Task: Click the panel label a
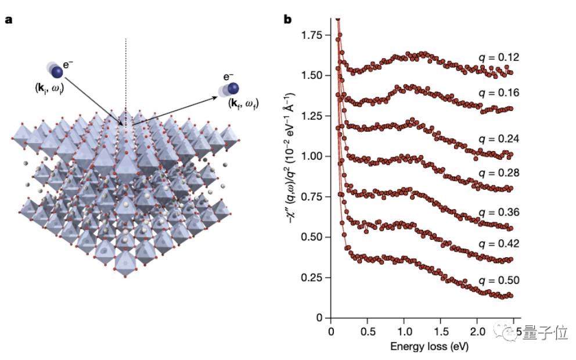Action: coord(9,19)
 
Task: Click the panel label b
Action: coord(287,19)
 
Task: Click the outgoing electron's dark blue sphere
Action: coord(233,88)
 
